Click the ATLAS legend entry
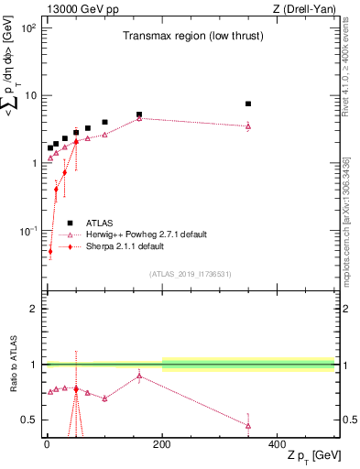pyautogui.click(x=102, y=223)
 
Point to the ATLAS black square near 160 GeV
pyautogui.click(x=139, y=115)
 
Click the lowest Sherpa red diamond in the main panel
pyautogui.click(x=50, y=251)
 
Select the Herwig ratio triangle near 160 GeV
pyautogui.click(x=139, y=376)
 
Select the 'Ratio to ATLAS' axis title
pyautogui.click(x=12, y=365)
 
